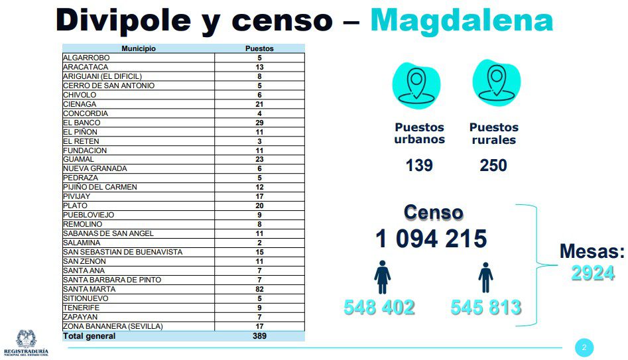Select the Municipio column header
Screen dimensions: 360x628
tap(139, 48)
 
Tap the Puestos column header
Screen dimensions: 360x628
tap(259, 48)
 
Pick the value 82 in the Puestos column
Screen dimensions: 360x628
tap(259, 289)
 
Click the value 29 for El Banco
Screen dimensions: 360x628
tap(259, 123)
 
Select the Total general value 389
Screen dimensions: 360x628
tap(259, 336)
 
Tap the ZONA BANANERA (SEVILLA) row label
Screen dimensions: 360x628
tap(112, 326)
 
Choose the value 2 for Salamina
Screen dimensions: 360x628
tap(259, 243)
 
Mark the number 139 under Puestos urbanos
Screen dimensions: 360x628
tap(419, 164)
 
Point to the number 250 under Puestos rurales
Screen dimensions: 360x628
tap(493, 164)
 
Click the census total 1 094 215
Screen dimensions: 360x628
tap(432, 238)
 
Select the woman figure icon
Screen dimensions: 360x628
tap(383, 276)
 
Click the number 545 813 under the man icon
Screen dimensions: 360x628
tap(485, 308)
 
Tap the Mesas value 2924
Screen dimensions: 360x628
tap(592, 272)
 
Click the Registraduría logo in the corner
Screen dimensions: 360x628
tap(25, 342)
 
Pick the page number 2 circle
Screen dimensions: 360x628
tap(584, 347)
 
